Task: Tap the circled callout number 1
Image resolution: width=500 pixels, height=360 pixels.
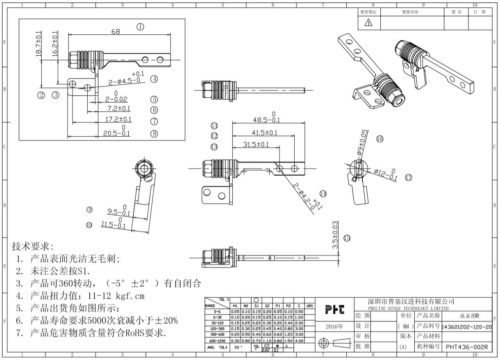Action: (141, 27)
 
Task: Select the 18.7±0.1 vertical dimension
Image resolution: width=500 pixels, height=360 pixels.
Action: (39, 45)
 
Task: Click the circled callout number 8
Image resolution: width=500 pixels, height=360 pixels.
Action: (154, 133)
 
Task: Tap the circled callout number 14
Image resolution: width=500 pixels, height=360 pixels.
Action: (323, 193)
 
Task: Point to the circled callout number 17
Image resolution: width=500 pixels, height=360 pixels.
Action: (408, 177)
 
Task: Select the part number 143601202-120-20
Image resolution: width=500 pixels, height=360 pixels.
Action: (466, 327)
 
